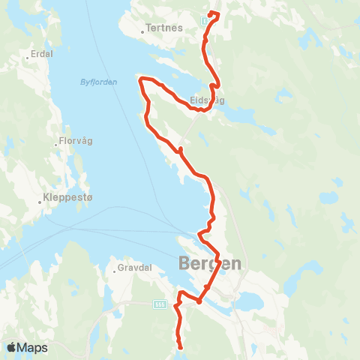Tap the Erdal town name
click(x=39, y=55)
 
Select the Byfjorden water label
click(x=97, y=82)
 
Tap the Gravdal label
click(x=135, y=267)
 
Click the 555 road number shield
click(x=159, y=304)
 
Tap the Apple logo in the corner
click(x=12, y=347)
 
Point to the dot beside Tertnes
click(x=142, y=32)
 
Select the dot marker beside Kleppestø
click(x=41, y=201)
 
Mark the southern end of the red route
click(x=181, y=346)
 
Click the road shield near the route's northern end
click(x=206, y=22)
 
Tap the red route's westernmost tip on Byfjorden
click(x=139, y=79)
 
